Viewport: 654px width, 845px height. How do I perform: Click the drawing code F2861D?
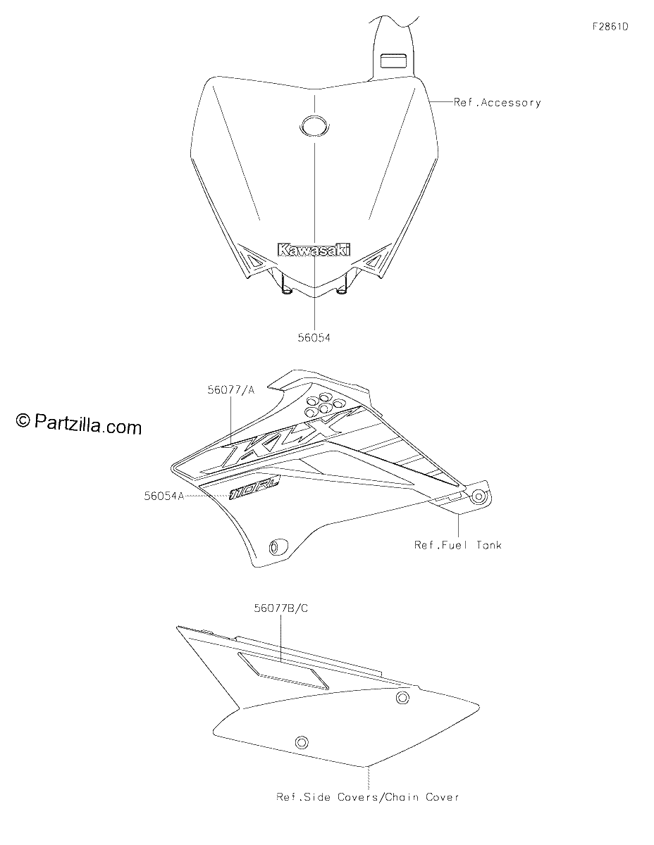610,27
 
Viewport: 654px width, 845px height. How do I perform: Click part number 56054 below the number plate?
314,337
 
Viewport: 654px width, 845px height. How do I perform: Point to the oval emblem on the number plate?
314,125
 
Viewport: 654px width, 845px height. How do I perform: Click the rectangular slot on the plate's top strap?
393,61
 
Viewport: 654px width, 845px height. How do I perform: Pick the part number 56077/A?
231,389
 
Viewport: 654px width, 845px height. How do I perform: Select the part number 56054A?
164,496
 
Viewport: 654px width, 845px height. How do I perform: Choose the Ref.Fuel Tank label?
458,545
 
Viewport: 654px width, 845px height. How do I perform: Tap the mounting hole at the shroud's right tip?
479,496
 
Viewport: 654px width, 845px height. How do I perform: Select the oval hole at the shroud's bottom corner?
278,548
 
